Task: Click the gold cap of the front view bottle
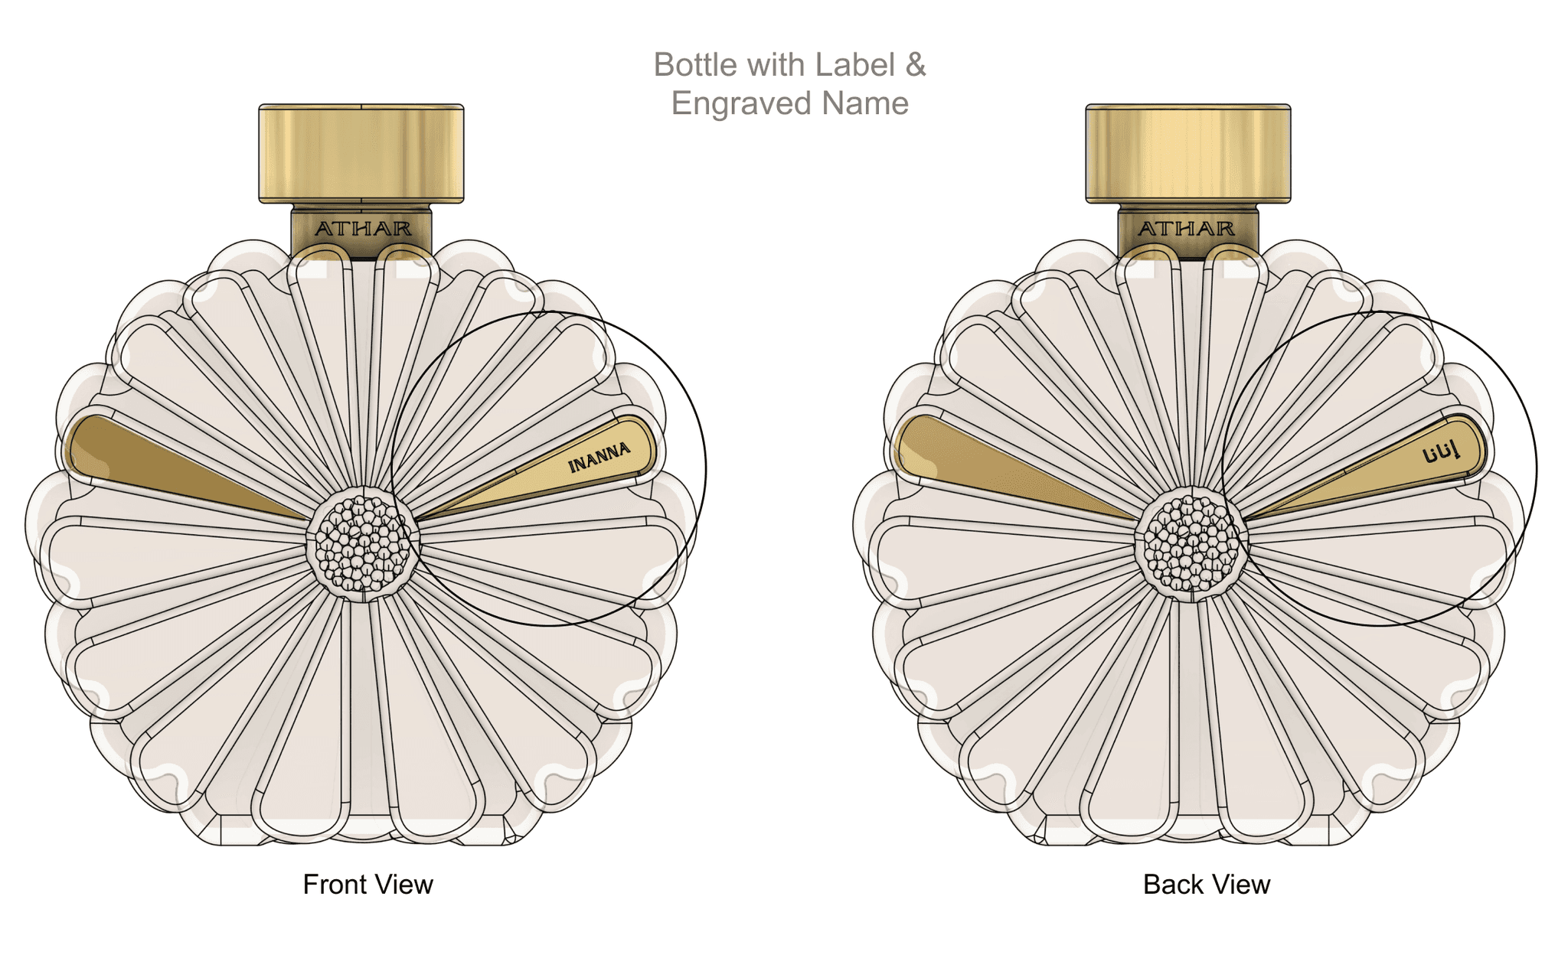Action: pyautogui.click(x=361, y=154)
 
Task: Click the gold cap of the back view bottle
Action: pyautogui.click(x=1188, y=154)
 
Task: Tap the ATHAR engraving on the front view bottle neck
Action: pyautogui.click(x=363, y=229)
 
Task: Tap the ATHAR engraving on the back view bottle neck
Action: pyautogui.click(x=1186, y=229)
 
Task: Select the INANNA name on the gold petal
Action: pyautogui.click(x=599, y=457)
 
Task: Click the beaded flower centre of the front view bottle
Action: pyautogui.click(x=364, y=544)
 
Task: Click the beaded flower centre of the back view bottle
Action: pyautogui.click(x=1191, y=544)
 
